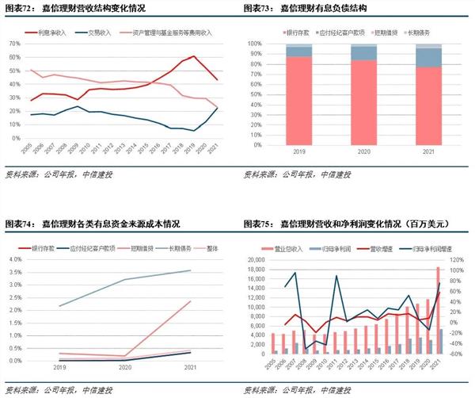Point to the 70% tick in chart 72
[x=14, y=44]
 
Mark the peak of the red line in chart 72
[x=193, y=56]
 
